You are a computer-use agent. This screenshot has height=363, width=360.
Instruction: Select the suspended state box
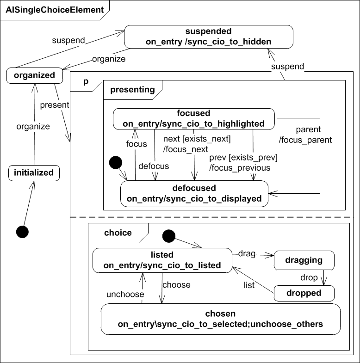[x=208, y=37]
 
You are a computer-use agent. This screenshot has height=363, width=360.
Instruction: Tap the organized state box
[x=34, y=75]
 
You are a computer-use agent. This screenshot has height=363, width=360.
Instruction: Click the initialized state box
[x=34, y=173]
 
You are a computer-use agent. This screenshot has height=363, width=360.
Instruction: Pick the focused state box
[x=193, y=118]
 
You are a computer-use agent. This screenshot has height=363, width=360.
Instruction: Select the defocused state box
[x=194, y=193]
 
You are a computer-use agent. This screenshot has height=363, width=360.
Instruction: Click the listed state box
[x=162, y=260]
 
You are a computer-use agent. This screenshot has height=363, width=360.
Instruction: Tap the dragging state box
[x=304, y=260]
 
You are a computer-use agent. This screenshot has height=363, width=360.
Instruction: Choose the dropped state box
[x=304, y=293]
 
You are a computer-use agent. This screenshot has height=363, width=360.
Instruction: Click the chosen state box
[x=220, y=319]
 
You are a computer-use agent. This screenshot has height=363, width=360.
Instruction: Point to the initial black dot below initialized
[x=22, y=232]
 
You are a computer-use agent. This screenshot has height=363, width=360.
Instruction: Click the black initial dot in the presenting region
[x=115, y=163]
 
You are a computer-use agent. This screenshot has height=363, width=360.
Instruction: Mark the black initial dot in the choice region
[x=168, y=236]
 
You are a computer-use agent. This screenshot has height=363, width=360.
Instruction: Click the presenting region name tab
[x=132, y=90]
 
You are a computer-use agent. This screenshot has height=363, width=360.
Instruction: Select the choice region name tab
[x=118, y=233]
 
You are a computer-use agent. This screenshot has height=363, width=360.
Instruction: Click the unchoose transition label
[x=125, y=294]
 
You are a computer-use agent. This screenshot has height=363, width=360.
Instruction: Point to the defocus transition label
[x=154, y=166]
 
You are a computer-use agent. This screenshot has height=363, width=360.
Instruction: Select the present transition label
[x=55, y=105]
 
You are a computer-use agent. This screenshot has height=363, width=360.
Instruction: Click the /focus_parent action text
[x=306, y=139]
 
